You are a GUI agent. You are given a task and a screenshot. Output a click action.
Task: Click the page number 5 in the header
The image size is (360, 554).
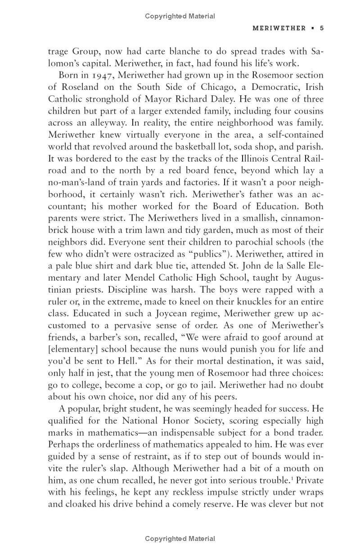point(322,28)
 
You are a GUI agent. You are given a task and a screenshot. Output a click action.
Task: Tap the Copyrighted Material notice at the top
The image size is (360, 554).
point(180,16)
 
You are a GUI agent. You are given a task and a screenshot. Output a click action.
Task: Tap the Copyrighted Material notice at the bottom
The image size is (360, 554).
point(180,539)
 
